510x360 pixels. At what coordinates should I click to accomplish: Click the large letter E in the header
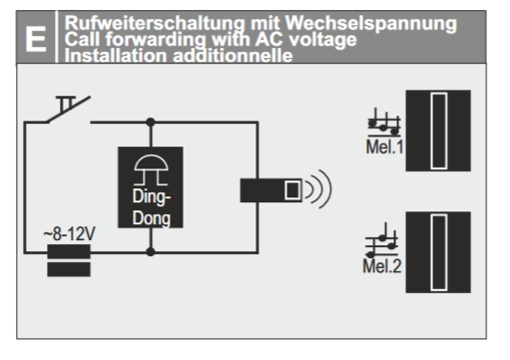[x=36, y=39]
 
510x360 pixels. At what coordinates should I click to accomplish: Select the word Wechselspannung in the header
[x=371, y=24]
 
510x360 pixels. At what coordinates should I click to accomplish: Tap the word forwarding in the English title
[x=157, y=40]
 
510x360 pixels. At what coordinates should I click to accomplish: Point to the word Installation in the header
[x=116, y=55]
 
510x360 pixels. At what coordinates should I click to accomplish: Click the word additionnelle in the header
[x=233, y=55]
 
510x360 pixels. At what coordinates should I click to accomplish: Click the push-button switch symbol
[x=69, y=110]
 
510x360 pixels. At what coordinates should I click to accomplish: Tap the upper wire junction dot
[x=151, y=122]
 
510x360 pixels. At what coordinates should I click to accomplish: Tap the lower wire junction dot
[x=151, y=251]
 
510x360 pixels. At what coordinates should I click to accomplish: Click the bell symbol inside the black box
[x=151, y=170]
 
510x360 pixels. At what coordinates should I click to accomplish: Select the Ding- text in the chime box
[x=152, y=196]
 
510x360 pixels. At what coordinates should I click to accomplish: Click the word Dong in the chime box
[x=152, y=218]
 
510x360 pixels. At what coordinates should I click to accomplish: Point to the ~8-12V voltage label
[x=69, y=234]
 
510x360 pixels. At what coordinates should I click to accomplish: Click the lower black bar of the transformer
[x=69, y=269]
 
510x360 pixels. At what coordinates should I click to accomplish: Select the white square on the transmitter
[x=292, y=190]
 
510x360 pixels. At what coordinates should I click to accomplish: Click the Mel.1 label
[x=384, y=147]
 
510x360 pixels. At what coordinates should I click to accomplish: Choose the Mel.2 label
[x=382, y=266]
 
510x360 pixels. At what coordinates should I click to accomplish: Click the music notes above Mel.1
[x=384, y=123]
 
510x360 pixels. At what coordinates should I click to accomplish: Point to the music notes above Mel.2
[x=381, y=240]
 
